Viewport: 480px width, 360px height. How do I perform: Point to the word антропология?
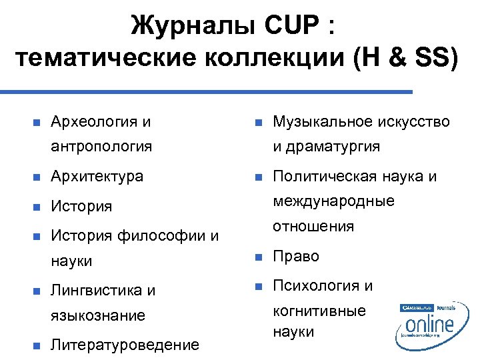tap(101, 145)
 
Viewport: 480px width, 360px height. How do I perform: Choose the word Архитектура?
tap(97, 177)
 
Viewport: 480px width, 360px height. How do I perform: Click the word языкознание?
tap(98, 315)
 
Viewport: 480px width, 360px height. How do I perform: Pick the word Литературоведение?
tap(125, 345)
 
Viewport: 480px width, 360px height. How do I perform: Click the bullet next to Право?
tap(256, 257)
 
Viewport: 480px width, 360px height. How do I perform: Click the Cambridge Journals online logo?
tap(428, 323)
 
